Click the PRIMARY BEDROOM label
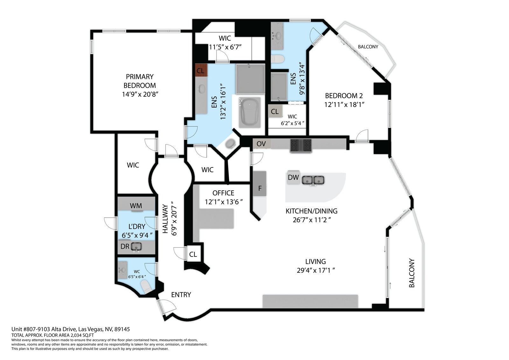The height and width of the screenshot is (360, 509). point(140,81)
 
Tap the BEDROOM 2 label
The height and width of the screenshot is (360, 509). point(344,95)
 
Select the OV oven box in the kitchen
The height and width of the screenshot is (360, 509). point(261,144)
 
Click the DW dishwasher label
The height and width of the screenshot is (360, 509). point(293,177)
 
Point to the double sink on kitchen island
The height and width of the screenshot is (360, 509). point(313,180)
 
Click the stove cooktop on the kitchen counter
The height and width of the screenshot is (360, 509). point(301,145)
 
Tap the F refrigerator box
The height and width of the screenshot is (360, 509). point(260,188)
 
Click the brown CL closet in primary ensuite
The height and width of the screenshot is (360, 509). point(200,70)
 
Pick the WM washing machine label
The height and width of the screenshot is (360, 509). point(136,206)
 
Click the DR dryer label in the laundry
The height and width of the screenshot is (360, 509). point(125,246)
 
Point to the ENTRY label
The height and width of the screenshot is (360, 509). point(181,295)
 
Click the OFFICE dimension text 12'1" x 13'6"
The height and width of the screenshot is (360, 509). point(224,202)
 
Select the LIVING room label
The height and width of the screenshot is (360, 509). point(315,261)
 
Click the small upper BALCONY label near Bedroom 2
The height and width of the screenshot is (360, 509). point(368,46)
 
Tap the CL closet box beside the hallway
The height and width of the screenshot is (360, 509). point(193,254)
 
